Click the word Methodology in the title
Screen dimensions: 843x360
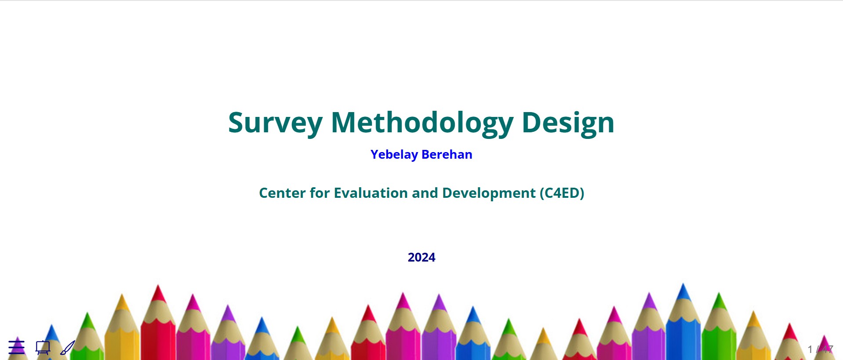point(422,124)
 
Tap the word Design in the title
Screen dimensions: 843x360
point(568,124)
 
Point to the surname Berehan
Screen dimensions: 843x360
point(447,154)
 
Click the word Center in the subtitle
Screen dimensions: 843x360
point(283,193)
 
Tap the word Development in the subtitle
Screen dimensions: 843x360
point(489,193)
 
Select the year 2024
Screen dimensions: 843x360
point(421,257)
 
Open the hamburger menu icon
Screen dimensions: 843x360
point(17,347)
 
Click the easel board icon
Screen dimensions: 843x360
point(43,347)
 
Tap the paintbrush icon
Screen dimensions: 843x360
point(68,347)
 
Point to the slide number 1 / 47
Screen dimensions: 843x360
point(820,349)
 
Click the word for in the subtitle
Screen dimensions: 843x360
point(320,193)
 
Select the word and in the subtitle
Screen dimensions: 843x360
point(425,193)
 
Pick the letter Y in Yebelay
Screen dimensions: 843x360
point(374,154)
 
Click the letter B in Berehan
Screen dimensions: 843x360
point(425,154)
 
